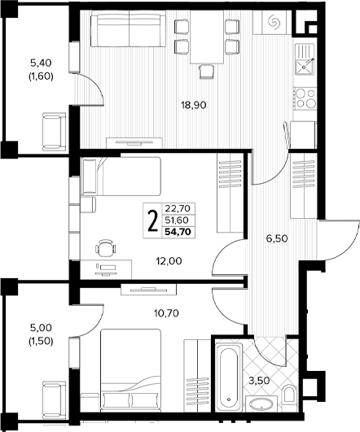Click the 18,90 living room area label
[194, 105]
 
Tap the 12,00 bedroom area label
[169, 260]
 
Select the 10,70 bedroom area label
[166, 313]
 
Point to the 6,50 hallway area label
[277, 238]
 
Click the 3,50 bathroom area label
[259, 381]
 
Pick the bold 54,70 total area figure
[178, 232]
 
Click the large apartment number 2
[152, 220]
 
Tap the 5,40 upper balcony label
[41, 63]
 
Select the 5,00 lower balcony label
[41, 328]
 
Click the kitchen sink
[305, 59]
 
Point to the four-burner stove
[305, 98]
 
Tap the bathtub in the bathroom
[229, 376]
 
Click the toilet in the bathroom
[288, 393]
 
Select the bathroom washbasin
[261, 404]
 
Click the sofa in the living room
[128, 29]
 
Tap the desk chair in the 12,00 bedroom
[105, 247]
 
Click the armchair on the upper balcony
[55, 132]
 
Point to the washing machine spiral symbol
[274, 21]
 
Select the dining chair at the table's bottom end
[206, 72]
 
